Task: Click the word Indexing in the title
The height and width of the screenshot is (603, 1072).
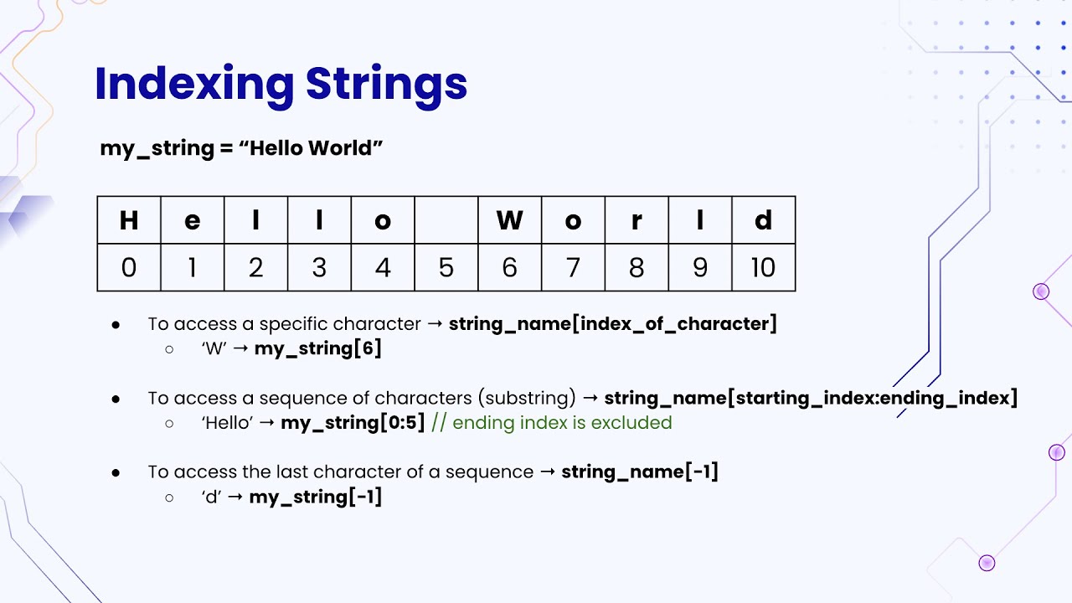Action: coord(194,84)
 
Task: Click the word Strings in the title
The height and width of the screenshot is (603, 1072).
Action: coord(386,84)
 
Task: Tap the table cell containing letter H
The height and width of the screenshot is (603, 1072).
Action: coord(129,220)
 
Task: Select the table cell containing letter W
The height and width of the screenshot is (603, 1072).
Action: coord(509,220)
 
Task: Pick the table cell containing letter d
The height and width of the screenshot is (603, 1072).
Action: coord(763,220)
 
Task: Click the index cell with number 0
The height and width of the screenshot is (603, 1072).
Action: coord(129,268)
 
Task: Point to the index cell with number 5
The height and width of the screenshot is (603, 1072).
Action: coord(446,268)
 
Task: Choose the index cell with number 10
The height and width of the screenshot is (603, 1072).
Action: coord(763,268)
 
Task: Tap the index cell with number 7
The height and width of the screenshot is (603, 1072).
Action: coord(573,268)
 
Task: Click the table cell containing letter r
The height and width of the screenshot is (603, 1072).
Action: coord(636,220)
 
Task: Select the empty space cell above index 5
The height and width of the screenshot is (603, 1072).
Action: coord(446,220)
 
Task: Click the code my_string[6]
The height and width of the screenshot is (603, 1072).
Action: coord(318,348)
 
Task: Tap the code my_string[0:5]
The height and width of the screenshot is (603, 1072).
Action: coord(353,423)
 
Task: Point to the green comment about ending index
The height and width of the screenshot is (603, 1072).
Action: coord(552,423)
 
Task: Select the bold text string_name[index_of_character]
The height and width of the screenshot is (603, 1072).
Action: coord(613,324)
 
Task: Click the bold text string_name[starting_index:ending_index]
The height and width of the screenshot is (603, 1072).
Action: coord(811,398)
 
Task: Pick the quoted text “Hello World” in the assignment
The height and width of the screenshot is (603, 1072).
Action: coord(311,148)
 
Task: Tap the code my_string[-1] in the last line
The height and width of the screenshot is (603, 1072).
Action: coord(316,497)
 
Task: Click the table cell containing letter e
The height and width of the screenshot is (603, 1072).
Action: coord(193,220)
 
